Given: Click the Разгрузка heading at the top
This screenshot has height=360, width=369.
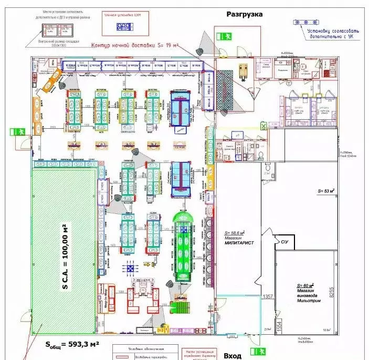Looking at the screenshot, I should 244,14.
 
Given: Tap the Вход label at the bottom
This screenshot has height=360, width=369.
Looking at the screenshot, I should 233,356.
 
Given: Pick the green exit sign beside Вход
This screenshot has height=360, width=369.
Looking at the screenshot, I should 256,351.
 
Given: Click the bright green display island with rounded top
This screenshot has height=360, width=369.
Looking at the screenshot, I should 184,247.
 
